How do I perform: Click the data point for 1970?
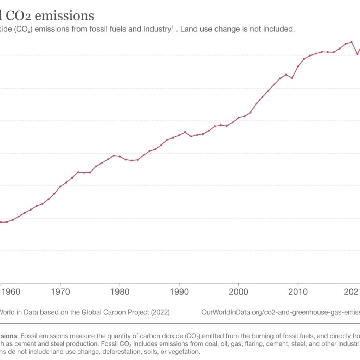[60, 186]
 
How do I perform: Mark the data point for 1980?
[120, 156]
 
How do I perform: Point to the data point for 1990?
[179, 135]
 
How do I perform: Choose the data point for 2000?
[239, 118]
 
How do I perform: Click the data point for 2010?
[298, 66]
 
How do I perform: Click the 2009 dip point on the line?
[292, 78]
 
